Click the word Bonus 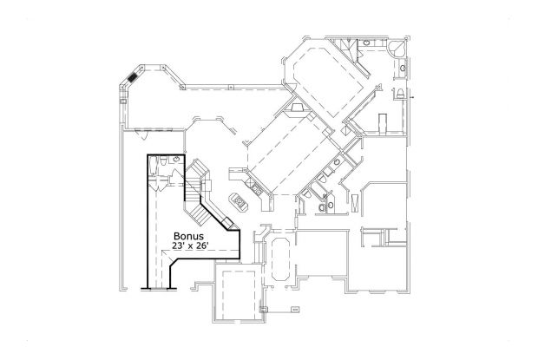click(188, 236)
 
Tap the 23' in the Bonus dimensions click(178, 246)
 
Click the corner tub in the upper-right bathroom click(400, 49)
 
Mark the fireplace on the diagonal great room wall click(298, 109)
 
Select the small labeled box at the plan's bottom click(294, 308)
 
